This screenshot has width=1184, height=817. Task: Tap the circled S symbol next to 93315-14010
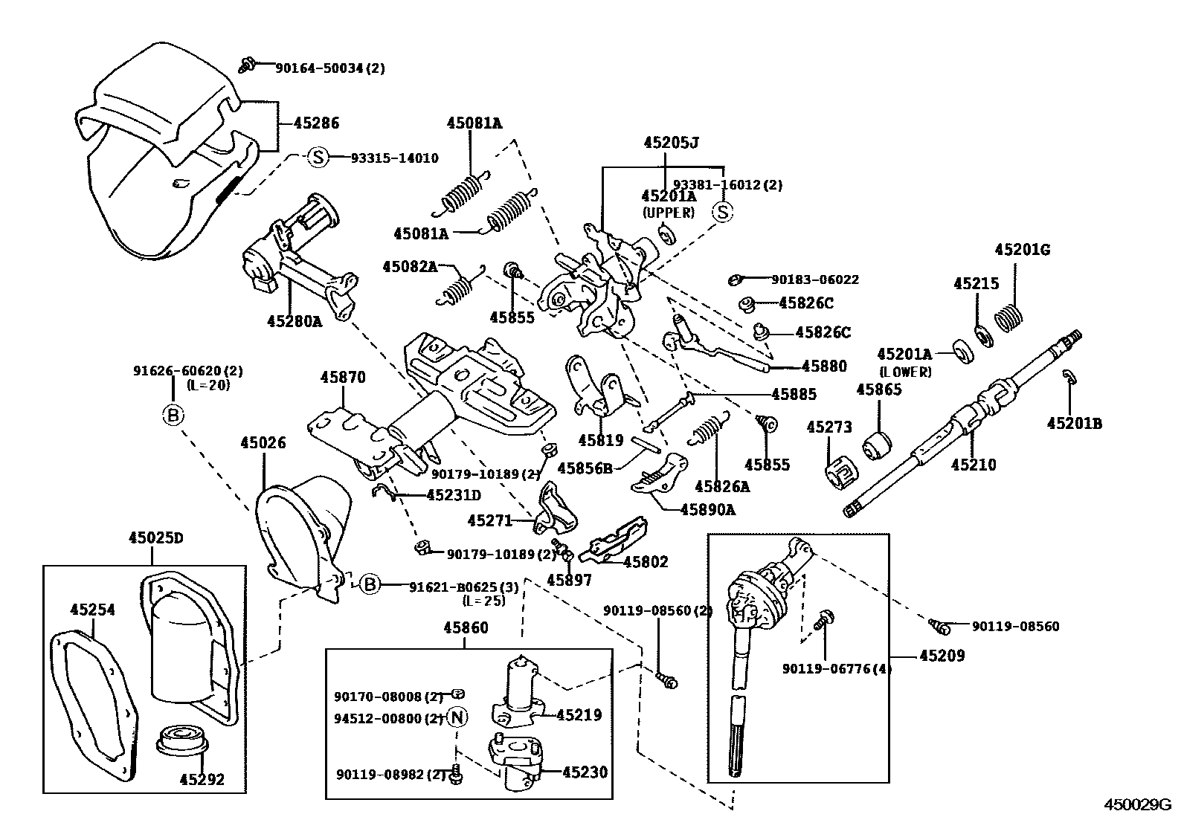pyautogui.click(x=318, y=157)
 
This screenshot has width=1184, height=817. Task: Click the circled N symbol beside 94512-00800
pyautogui.click(x=457, y=718)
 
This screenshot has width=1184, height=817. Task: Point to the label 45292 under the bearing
pyautogui.click(x=202, y=780)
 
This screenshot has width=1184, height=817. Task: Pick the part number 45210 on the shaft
pyautogui.click(x=973, y=465)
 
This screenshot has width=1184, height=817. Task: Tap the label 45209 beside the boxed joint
pyautogui.click(x=942, y=656)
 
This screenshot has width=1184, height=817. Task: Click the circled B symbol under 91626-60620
pyautogui.click(x=173, y=415)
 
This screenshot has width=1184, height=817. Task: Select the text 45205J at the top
pyautogui.click(x=671, y=143)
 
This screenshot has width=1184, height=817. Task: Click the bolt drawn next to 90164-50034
pyautogui.click(x=248, y=66)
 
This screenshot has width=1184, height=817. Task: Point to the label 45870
pyautogui.click(x=343, y=378)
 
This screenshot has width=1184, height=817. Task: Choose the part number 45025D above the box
pyautogui.click(x=155, y=537)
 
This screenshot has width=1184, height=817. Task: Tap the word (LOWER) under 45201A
pyautogui.click(x=904, y=372)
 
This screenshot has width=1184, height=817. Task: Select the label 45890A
pyautogui.click(x=707, y=509)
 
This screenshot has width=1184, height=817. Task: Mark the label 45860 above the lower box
pyautogui.click(x=466, y=628)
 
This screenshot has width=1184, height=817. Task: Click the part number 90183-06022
pyautogui.click(x=814, y=280)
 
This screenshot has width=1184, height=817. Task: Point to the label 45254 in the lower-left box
pyautogui.click(x=93, y=610)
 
